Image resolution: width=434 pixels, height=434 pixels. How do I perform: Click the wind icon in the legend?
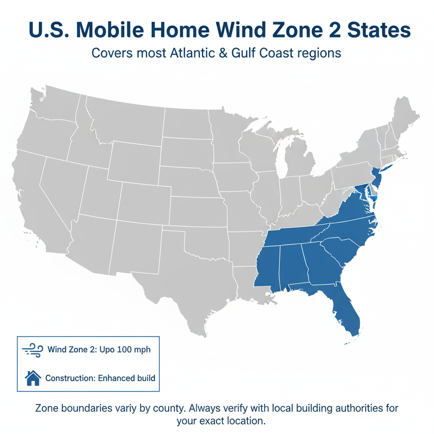point(32,351)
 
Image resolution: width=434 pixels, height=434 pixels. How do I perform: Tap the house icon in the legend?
point(33,378)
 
